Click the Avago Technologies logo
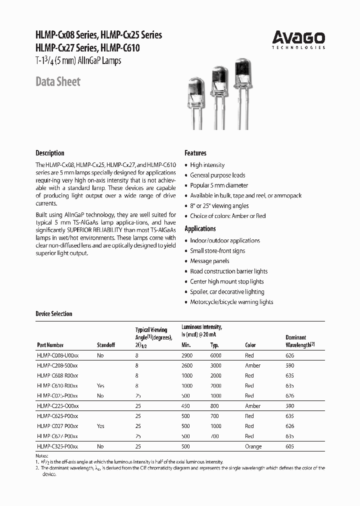point(298,39)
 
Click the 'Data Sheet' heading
point(57,81)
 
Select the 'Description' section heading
point(49,153)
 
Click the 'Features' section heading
point(195,153)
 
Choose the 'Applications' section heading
point(200,228)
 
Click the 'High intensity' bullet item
point(207,165)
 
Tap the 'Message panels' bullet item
point(209,261)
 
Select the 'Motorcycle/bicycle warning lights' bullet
point(231,302)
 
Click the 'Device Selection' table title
point(53,314)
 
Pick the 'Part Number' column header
point(50,345)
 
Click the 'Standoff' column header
point(105,345)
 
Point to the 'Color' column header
point(250,345)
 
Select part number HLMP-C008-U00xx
point(57,355)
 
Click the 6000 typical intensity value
point(216,355)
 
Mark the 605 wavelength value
point(289,446)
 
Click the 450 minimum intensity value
point(186,406)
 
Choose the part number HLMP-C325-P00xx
point(57,446)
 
